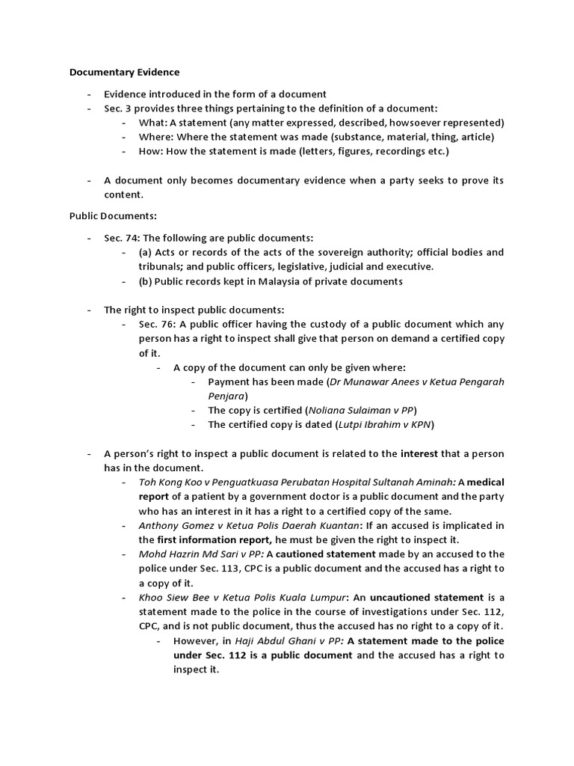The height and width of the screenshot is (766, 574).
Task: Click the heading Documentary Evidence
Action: pyautogui.click(x=124, y=73)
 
